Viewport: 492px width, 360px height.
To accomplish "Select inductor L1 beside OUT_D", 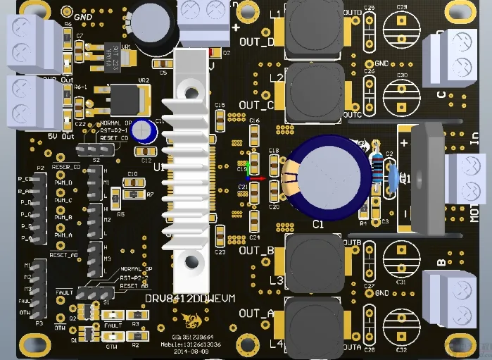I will [x=310, y=32].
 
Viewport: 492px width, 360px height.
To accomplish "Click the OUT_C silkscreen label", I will [x=256, y=106].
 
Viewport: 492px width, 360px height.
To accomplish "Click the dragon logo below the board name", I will [x=188, y=321].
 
